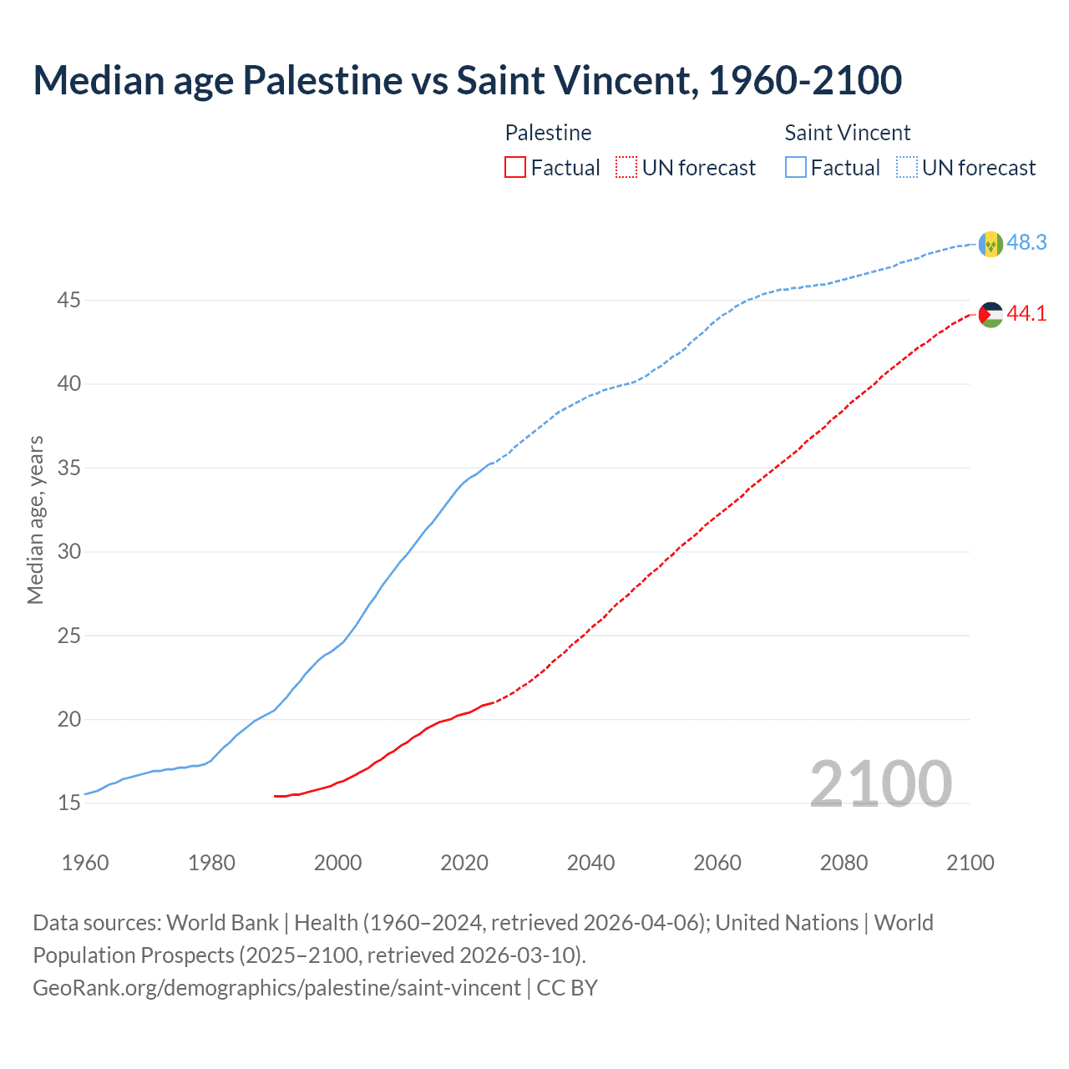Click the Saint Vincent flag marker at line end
[x=990, y=244]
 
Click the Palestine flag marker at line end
[x=990, y=314]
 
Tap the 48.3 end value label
[x=1026, y=242]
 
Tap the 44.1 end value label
[x=1026, y=313]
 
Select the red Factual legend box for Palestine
[x=515, y=168]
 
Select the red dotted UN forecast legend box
[x=626, y=168]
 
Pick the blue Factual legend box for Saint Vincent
[x=796, y=168]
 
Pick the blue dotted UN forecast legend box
[x=906, y=168]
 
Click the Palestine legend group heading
[x=548, y=133]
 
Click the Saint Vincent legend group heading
[x=847, y=133]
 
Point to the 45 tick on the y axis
[x=68, y=300]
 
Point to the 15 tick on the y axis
[x=68, y=803]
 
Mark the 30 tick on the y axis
[x=68, y=551]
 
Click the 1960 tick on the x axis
[x=85, y=863]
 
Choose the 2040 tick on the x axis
[x=590, y=863]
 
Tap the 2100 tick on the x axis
[x=970, y=863]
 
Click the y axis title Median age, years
[x=35, y=519]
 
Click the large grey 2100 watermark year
[x=880, y=783]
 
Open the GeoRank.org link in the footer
[x=276, y=988]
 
